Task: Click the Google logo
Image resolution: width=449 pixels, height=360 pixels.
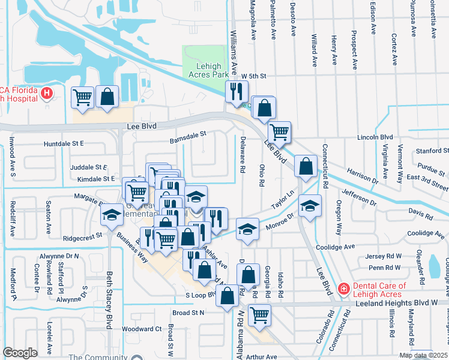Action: pos(20,353)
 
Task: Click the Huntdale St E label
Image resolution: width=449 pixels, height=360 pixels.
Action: pos(64,144)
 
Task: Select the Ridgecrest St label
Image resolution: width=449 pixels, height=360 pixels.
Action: pos(82,238)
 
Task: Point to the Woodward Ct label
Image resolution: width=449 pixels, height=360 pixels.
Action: pos(142,329)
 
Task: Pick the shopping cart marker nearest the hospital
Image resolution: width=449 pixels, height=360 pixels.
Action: pos(83,97)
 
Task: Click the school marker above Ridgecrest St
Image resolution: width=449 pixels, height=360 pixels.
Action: pos(112,217)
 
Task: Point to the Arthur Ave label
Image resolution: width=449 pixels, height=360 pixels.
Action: pos(262,356)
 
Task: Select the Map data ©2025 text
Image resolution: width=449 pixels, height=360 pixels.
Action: pos(423,355)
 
